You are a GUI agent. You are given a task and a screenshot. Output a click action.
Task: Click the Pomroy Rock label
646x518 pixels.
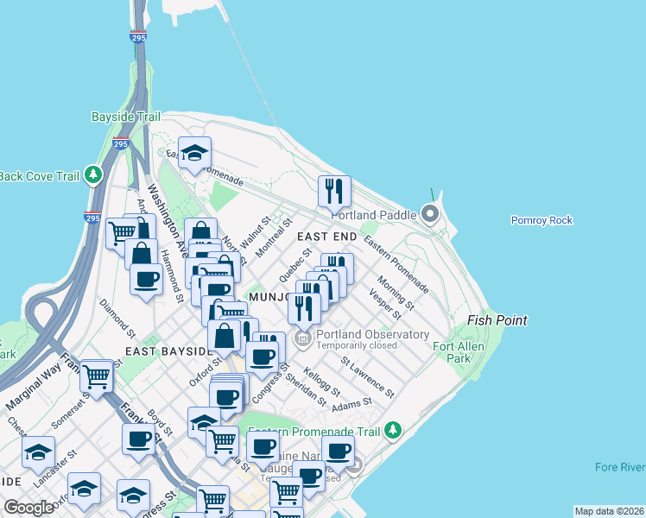[x=541, y=220]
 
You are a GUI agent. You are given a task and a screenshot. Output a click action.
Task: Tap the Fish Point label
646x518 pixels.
[x=497, y=320]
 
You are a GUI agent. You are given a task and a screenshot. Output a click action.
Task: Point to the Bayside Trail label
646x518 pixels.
[x=127, y=117]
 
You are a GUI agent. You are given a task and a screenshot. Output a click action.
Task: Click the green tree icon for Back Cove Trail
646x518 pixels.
[x=93, y=176]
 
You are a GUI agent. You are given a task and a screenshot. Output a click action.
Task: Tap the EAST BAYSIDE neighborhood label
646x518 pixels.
[x=165, y=351]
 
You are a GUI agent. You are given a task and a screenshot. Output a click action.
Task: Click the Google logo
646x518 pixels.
[x=29, y=508]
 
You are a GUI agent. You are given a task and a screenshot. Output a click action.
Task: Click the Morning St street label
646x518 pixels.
[x=396, y=294]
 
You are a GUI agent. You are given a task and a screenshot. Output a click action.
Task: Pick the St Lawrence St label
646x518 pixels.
[x=367, y=377]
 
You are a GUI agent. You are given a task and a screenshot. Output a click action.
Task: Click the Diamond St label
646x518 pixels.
[x=117, y=319]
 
